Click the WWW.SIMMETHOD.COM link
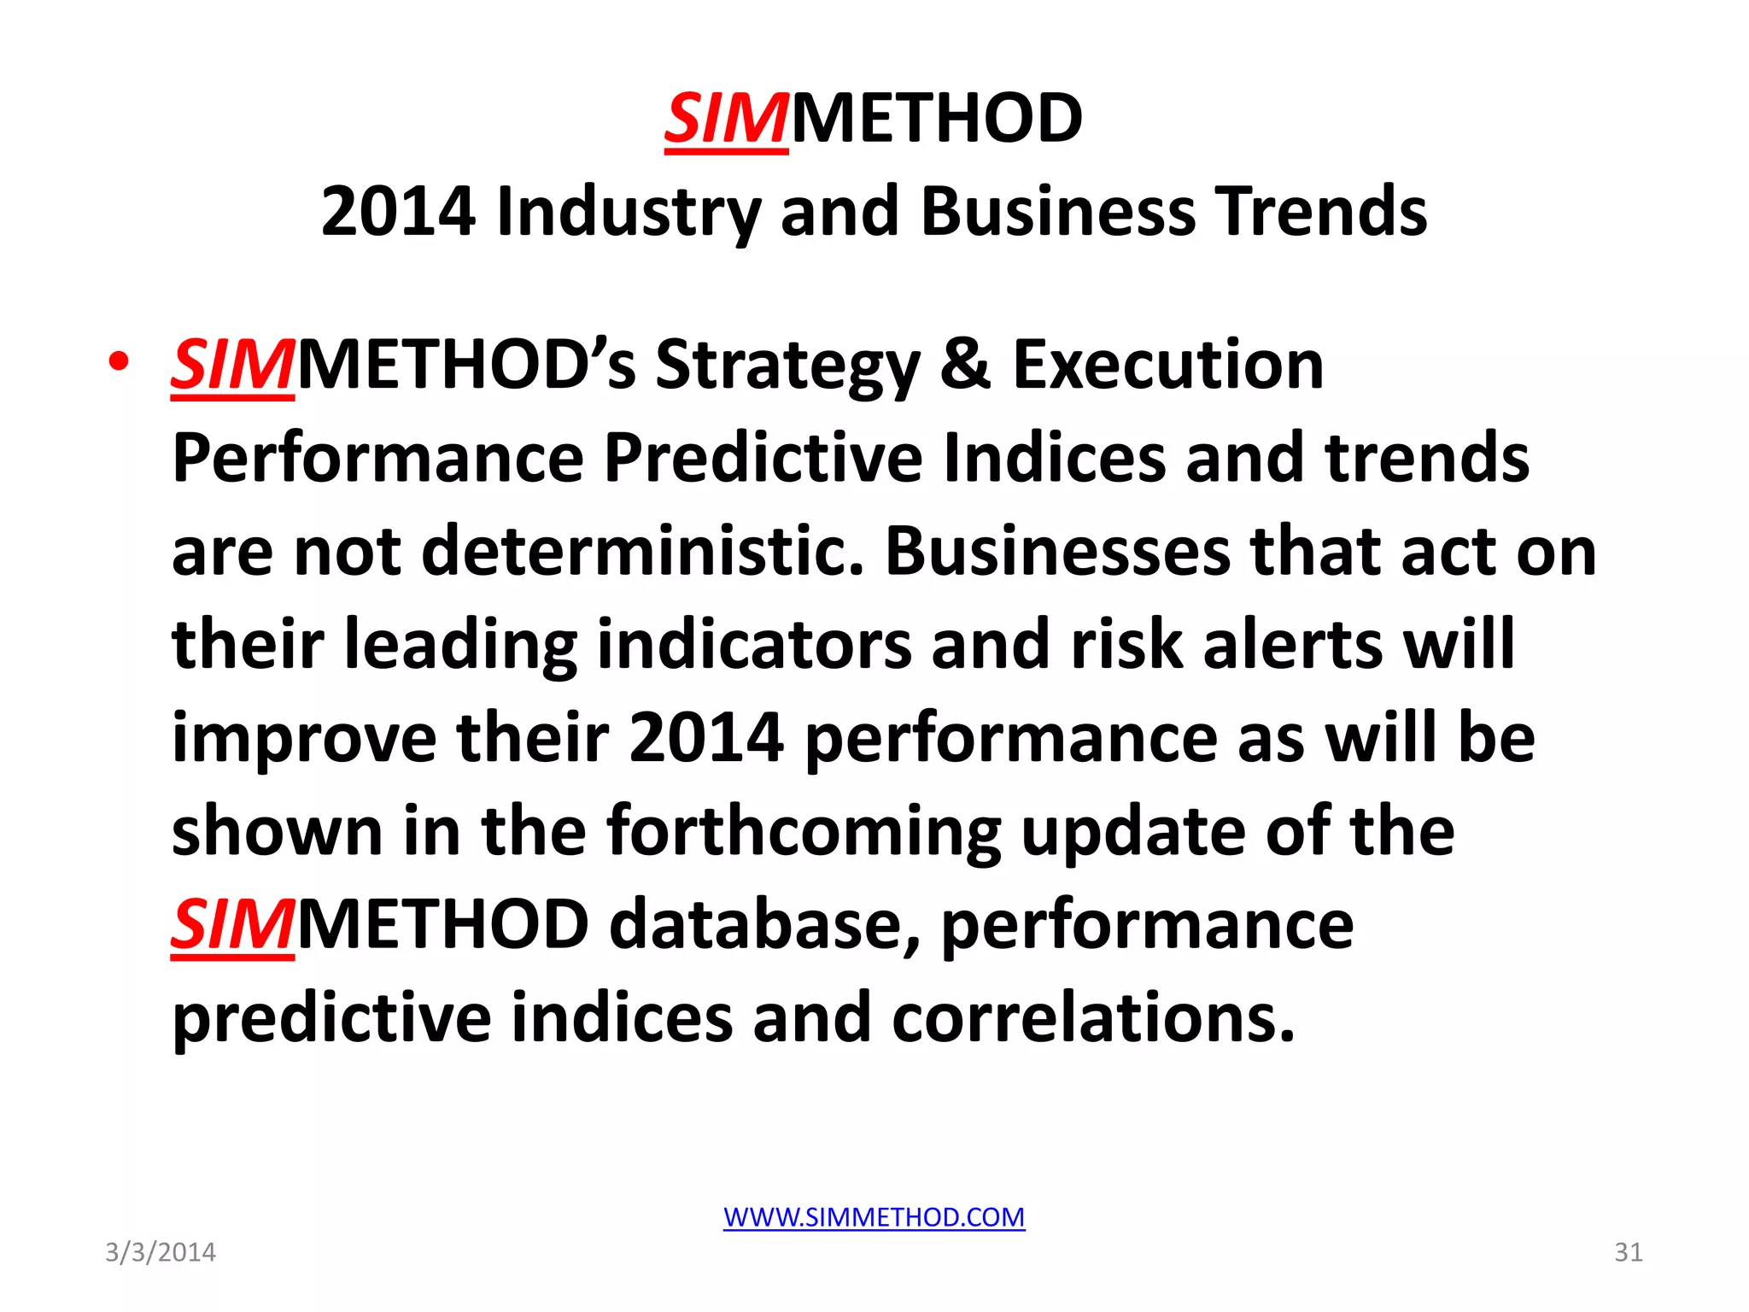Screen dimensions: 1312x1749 pyautogui.click(x=874, y=1216)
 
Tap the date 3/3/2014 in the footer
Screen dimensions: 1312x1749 pyautogui.click(x=161, y=1252)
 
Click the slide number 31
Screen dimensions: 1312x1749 pyautogui.click(x=1628, y=1252)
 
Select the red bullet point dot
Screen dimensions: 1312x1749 pyautogui.click(x=119, y=362)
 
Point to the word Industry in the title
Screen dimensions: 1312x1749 pyautogui.click(x=628, y=211)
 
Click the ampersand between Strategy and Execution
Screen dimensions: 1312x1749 pyautogui.click(x=966, y=364)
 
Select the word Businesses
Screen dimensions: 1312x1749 pyautogui.click(x=1058, y=551)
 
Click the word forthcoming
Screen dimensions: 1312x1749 pyautogui.click(x=804, y=831)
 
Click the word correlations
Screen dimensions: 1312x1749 pyautogui.click(x=1093, y=1017)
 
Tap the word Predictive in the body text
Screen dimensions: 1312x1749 pyautogui.click(x=763, y=458)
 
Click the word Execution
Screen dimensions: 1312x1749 pyautogui.click(x=1167, y=364)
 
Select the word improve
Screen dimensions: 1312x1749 pyautogui.click(x=303, y=738)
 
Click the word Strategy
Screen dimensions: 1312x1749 pyautogui.click(x=787, y=366)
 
